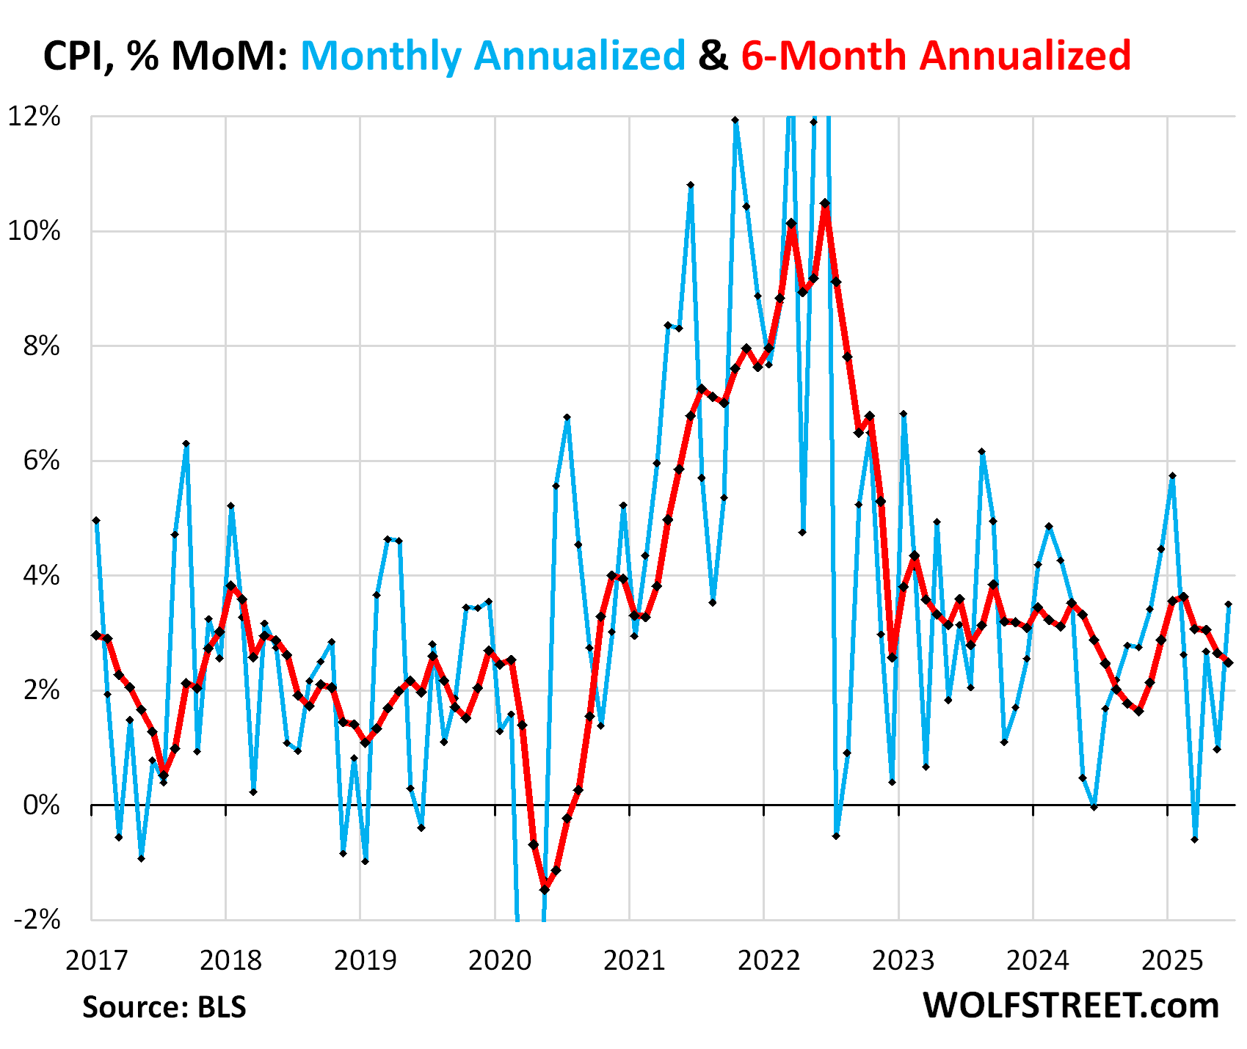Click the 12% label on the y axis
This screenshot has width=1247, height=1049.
34,117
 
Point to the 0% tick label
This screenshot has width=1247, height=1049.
40,805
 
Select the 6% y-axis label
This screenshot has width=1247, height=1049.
40,461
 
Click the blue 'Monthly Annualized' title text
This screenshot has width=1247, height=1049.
492,56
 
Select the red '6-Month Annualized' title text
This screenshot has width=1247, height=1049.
936,56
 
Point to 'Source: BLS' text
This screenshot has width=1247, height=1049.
164,1007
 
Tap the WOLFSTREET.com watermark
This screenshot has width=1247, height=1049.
1071,1005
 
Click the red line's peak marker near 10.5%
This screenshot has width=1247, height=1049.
825,203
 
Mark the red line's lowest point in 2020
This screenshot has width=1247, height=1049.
545,889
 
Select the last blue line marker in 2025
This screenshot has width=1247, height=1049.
1228,604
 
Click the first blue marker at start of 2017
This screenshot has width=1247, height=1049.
96,520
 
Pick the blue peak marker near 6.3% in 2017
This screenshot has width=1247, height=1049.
186,444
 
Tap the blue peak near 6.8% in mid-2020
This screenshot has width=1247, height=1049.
567,417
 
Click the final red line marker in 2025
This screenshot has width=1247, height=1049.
1228,662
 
